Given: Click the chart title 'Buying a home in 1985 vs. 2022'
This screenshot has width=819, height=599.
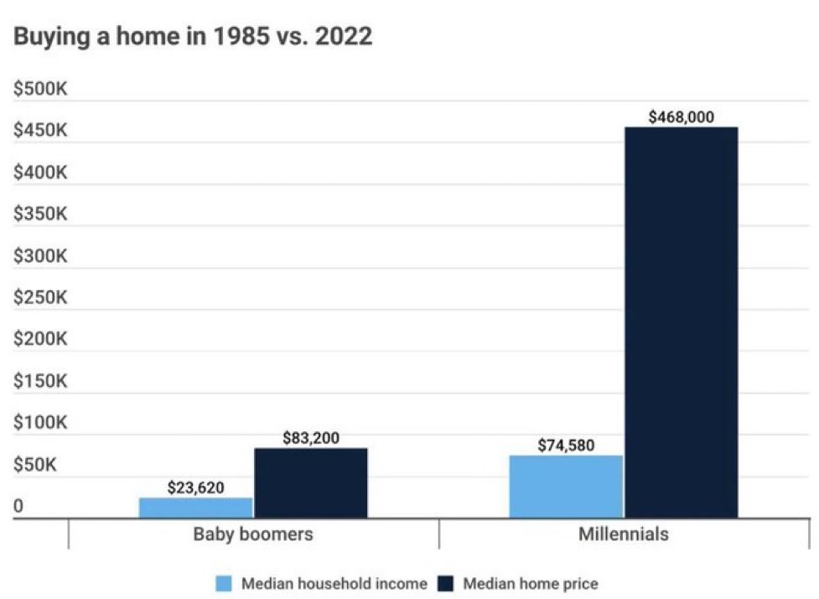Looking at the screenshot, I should [x=193, y=38].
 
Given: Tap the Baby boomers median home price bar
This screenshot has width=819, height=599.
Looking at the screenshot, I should [x=311, y=482].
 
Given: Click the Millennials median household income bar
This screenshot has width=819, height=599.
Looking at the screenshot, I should [x=567, y=487].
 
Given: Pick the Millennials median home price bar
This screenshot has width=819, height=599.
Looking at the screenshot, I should [x=682, y=322].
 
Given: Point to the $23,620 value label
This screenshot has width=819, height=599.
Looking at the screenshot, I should [x=196, y=487].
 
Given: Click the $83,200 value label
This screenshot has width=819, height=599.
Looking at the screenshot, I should [x=311, y=437].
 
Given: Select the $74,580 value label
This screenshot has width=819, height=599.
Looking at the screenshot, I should [x=567, y=445].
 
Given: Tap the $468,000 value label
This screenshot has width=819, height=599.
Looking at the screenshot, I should [x=682, y=117].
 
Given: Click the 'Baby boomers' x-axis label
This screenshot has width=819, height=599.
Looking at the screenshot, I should [x=253, y=534].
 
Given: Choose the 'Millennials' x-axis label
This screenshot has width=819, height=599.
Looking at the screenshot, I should [x=624, y=534].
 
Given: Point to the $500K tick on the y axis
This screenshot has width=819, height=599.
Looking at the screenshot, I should [x=40, y=90].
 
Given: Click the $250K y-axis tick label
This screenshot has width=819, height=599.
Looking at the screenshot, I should [x=40, y=298].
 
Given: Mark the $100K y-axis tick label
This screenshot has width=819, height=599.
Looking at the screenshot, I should [x=40, y=423].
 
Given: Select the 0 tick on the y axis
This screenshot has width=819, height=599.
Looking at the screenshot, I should [x=18, y=506].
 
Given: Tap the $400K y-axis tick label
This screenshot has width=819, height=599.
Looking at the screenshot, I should [x=40, y=173].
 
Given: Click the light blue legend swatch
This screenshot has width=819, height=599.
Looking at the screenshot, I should [x=224, y=583].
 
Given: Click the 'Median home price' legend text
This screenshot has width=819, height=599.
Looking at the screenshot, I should [x=531, y=583].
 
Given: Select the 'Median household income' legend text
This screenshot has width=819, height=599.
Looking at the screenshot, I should [x=334, y=583].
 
